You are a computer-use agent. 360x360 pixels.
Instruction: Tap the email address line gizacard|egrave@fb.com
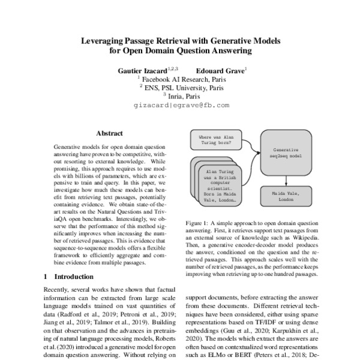(x=179, y=105)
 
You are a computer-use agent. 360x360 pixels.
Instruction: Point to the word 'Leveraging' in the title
(x=106, y=41)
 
